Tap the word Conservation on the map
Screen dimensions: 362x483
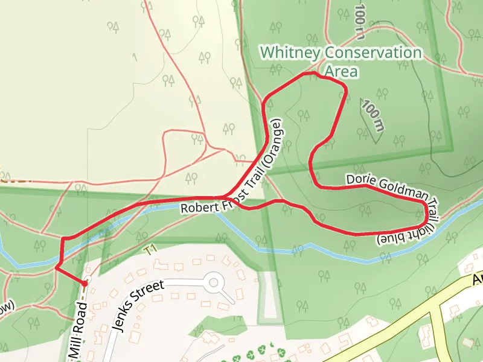(x=373, y=53)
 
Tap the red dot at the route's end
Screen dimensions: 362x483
(x=85, y=283)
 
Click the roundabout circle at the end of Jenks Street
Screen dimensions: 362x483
(x=213, y=282)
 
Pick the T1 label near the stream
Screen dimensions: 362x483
(x=150, y=248)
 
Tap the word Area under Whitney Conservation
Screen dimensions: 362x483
(x=341, y=72)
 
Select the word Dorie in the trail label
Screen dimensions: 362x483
(x=361, y=180)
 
